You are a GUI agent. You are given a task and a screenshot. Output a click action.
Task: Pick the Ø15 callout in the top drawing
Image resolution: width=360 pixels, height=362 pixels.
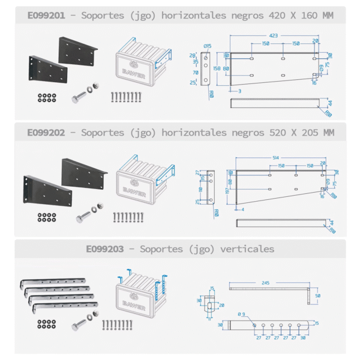pos(208,46)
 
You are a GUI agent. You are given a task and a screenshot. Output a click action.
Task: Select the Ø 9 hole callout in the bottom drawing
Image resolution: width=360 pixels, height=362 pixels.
pos(242,314)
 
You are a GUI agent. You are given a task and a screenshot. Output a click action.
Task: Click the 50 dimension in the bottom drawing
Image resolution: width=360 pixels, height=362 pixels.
pos(317,295)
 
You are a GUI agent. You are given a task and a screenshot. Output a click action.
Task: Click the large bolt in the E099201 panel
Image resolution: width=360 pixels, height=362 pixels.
pos(83,95)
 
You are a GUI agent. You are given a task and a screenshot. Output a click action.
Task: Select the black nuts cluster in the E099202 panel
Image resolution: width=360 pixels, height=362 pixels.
pos(47,216)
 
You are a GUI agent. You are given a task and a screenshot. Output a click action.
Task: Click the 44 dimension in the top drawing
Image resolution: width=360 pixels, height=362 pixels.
pos(329,103)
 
